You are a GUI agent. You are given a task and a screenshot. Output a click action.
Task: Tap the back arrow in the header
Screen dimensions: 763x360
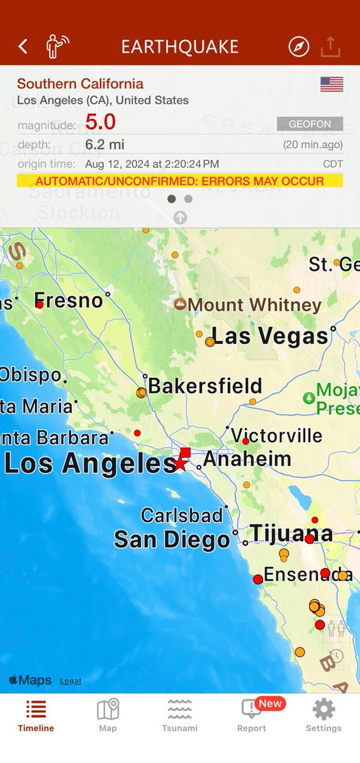23,46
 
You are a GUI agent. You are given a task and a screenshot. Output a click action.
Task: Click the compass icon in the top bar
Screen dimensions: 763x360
298,46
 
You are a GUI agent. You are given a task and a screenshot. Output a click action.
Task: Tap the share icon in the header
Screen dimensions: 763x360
331,46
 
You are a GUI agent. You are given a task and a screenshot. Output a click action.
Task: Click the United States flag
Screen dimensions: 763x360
331,84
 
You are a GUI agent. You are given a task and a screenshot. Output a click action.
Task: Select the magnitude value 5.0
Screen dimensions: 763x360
100,121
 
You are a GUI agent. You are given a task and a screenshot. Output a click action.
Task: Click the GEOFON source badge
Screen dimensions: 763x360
310,124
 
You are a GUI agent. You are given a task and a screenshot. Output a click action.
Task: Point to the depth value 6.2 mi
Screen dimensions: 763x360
105,144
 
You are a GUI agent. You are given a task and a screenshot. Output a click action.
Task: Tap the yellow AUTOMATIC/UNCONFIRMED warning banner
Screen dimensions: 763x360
179,181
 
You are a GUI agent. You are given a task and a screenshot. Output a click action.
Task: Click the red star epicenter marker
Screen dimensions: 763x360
181,464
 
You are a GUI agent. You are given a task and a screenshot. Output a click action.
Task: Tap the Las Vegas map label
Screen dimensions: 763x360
270,336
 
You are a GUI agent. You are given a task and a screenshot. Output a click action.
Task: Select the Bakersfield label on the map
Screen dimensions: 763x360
205,386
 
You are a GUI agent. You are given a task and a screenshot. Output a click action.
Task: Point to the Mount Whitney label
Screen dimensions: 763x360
254,305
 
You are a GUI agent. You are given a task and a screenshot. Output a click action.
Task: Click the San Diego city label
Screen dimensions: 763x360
172,540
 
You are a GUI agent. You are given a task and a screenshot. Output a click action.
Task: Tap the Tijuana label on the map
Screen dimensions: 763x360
291,533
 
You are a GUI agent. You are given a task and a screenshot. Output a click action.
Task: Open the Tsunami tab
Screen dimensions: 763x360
180,715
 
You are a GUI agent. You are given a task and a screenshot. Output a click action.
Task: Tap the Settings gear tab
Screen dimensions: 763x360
324,715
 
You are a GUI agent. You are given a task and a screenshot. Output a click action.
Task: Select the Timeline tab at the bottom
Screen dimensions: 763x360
36,715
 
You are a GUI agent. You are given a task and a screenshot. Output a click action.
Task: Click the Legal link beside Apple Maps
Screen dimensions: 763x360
71,681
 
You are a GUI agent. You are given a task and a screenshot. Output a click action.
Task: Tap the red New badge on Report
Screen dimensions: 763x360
270,703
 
